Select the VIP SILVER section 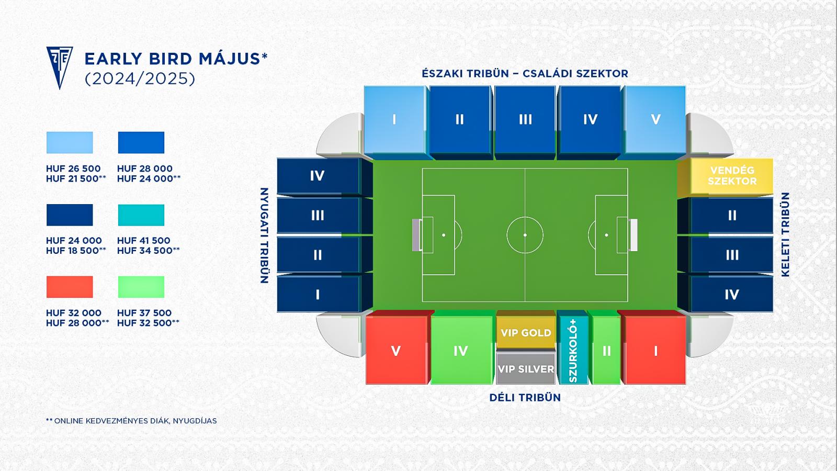click(526, 368)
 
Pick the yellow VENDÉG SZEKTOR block click(725, 177)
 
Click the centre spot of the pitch click(525, 235)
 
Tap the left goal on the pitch click(417, 235)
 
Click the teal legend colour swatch click(141, 215)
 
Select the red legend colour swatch click(70, 287)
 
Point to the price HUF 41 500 click(143, 240)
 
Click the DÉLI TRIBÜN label click(525, 397)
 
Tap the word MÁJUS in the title click(230, 59)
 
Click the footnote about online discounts click(131, 421)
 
